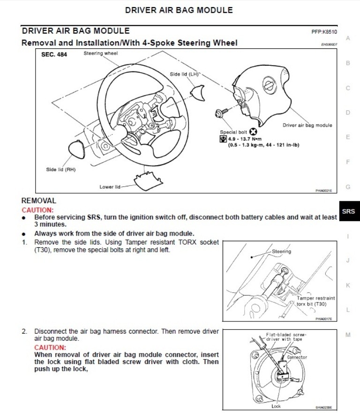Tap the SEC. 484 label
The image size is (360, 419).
[x=54, y=55]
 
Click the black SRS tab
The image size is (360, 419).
[x=348, y=212]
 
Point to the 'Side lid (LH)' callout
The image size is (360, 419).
[x=185, y=74]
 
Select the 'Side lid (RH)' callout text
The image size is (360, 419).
[x=61, y=170]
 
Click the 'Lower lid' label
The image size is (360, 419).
[x=110, y=187]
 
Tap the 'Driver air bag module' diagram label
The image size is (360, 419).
[x=307, y=125]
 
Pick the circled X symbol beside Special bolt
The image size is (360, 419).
[x=253, y=132]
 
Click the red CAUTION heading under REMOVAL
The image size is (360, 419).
[x=37, y=210]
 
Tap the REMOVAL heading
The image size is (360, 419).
[x=39, y=201]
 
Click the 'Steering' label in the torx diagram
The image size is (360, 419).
[x=281, y=251]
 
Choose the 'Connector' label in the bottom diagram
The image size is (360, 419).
[x=297, y=358]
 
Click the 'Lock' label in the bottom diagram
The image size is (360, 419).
[x=276, y=406]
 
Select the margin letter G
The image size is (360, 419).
[x=348, y=187]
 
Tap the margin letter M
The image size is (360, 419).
[x=348, y=335]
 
